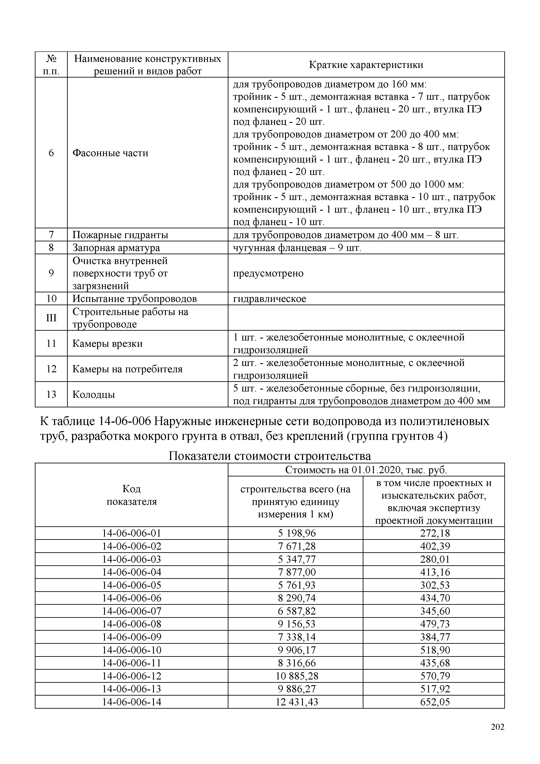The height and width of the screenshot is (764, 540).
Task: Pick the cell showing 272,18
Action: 435,533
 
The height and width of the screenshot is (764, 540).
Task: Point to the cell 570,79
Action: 435,676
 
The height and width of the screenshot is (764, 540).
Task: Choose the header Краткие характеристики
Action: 366,64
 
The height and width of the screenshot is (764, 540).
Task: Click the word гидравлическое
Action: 269,298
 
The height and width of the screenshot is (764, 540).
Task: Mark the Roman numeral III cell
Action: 51,318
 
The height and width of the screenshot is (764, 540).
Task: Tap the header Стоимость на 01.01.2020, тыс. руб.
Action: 366,470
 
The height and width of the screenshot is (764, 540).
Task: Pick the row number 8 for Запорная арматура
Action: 51,247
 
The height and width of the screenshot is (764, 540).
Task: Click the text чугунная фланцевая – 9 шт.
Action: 297,247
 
